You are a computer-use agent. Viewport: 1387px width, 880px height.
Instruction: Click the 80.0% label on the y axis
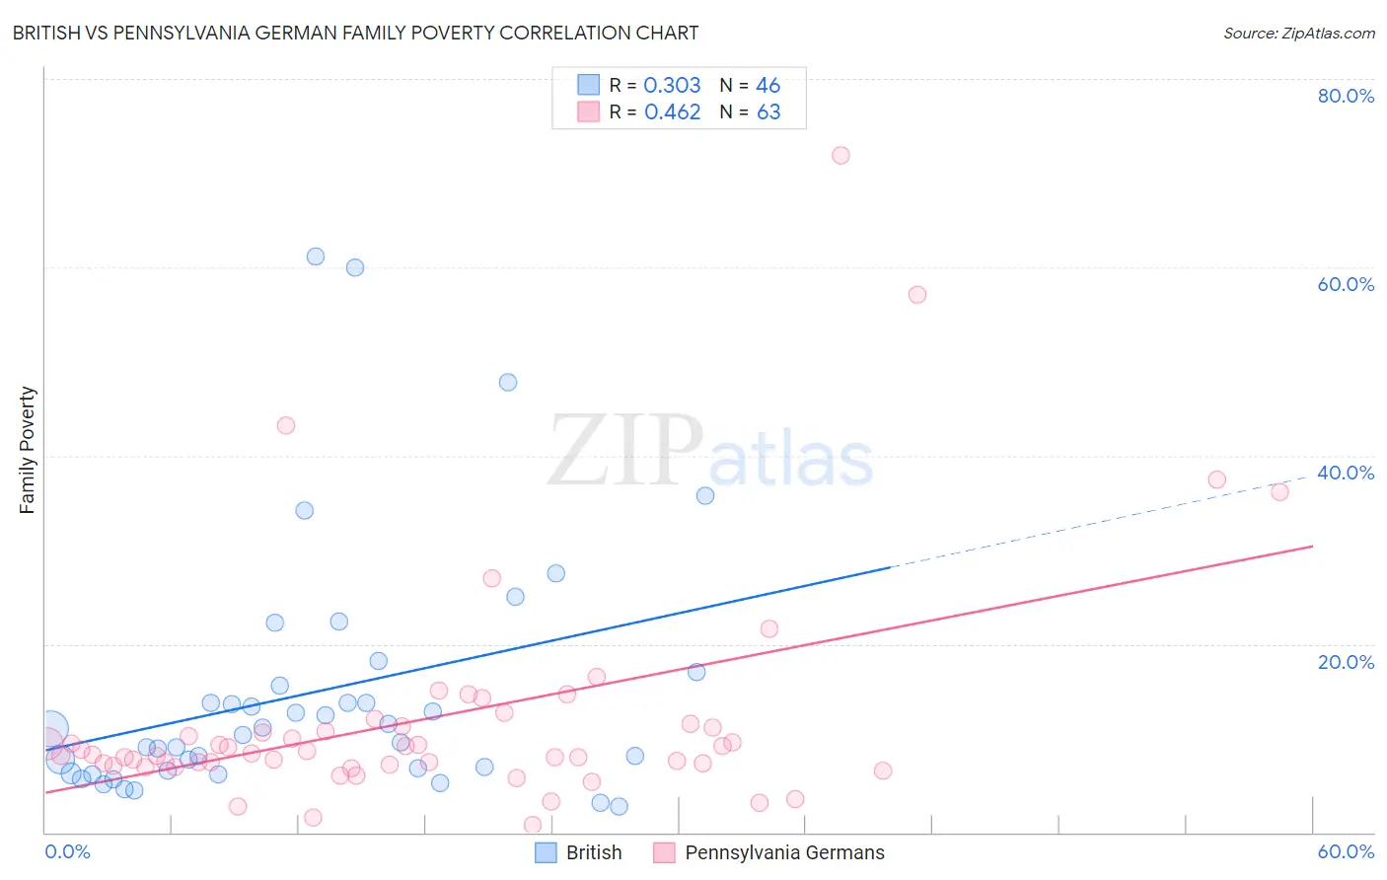1346,96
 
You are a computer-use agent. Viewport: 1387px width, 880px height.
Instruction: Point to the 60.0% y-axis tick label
1346,284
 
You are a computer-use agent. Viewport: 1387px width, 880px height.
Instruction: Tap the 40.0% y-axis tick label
1346,473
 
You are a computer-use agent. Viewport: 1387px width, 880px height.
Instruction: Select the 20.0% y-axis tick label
1346,662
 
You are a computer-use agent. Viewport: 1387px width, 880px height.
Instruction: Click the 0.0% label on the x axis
67,851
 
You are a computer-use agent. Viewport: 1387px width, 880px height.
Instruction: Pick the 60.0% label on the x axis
1346,851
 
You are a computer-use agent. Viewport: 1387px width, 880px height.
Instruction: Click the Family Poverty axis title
28,450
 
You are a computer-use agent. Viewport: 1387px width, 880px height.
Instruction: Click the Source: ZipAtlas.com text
1298,33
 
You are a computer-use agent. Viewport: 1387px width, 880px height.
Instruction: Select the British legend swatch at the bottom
547,852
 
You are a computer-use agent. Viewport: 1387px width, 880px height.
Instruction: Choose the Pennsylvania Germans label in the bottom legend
784,852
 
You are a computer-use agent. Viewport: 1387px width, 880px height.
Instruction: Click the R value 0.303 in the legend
672,86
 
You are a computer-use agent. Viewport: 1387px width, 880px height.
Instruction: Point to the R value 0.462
672,112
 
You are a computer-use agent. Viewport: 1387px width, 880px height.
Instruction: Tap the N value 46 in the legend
767,86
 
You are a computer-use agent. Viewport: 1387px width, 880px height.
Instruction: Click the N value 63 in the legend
768,112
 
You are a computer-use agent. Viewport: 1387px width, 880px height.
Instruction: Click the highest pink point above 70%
840,155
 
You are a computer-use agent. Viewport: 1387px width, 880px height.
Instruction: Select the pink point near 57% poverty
917,295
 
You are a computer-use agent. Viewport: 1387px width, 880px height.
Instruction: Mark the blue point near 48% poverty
508,382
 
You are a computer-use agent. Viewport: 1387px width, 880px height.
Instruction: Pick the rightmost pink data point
1279,492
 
